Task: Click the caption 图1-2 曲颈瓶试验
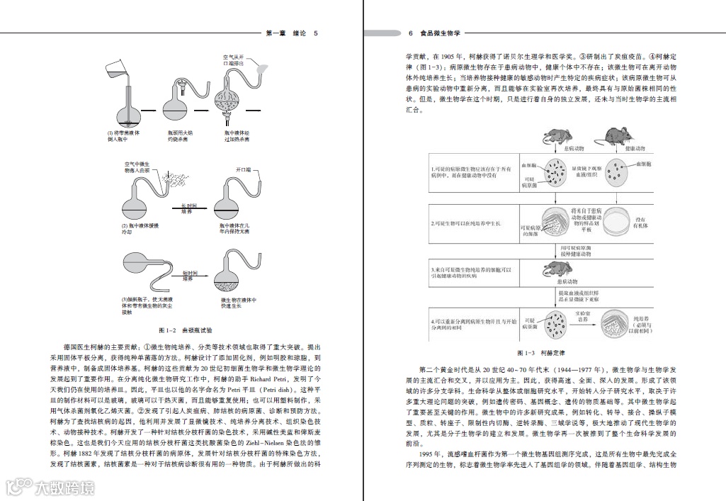click(186, 330)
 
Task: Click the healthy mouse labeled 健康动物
click(615, 136)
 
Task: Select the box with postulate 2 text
click(474, 225)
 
